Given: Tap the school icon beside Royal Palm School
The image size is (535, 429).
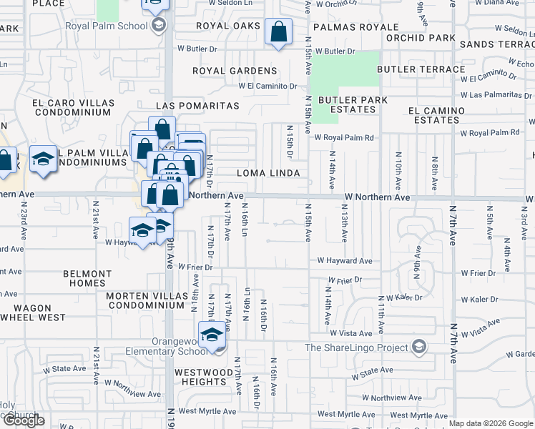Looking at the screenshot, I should (159, 26).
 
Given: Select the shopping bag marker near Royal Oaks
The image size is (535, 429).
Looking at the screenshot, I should (278, 32).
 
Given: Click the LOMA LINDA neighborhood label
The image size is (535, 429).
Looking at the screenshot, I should (267, 174).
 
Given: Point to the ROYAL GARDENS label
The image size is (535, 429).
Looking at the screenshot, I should (234, 71).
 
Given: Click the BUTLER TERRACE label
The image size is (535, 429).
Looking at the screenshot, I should (421, 69).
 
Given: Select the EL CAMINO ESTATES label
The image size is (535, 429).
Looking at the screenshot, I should (436, 116).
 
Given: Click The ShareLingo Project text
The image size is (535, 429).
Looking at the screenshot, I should (356, 348).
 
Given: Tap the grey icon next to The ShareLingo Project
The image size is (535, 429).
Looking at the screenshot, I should (419, 348).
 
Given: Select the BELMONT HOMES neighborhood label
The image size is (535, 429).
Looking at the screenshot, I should (87, 278).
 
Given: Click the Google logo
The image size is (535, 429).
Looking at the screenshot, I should (24, 421).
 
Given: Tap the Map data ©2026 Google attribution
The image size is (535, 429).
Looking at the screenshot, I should (491, 424).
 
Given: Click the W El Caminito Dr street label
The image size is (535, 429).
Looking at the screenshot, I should (267, 86).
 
